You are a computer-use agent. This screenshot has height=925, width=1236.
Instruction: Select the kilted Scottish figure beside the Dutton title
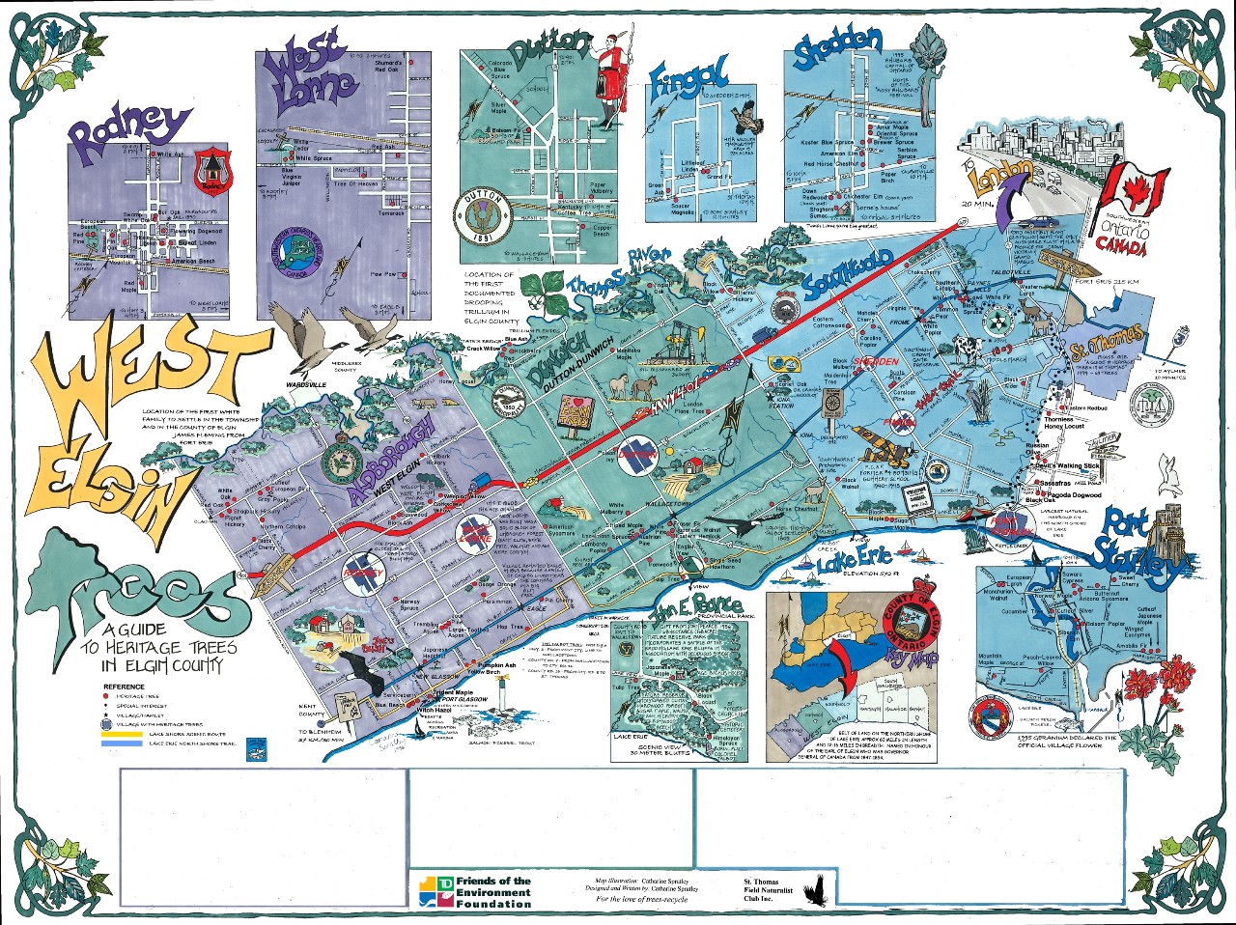[608, 79]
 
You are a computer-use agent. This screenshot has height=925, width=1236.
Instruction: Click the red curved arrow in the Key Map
[846, 666]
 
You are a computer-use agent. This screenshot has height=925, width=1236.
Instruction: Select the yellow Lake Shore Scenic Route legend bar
[121, 733]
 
